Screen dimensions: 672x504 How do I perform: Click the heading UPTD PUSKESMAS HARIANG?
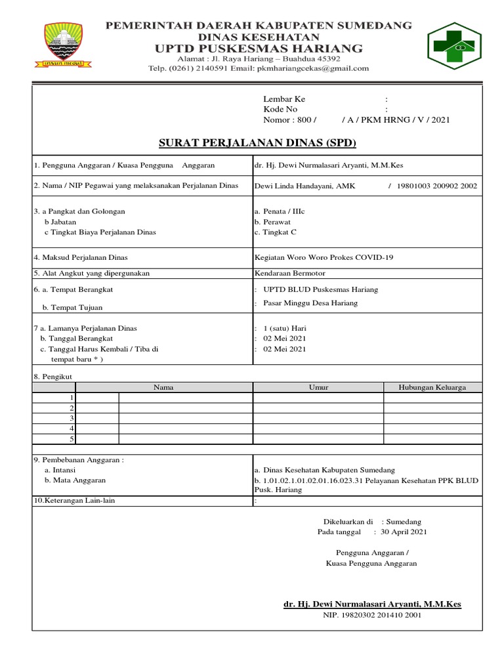click(x=259, y=48)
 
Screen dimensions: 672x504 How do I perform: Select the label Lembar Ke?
click(x=284, y=99)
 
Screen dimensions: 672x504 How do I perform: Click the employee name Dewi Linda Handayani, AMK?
click(x=304, y=186)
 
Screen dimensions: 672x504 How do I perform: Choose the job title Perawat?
click(x=276, y=222)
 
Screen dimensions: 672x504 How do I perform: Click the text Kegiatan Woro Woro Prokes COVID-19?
click(x=324, y=257)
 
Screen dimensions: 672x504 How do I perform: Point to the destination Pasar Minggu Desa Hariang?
click(x=310, y=303)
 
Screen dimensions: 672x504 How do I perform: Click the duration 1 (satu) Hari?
click(x=285, y=328)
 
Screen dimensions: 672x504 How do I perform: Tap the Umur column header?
click(x=318, y=388)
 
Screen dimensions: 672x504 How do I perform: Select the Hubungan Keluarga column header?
click(x=432, y=388)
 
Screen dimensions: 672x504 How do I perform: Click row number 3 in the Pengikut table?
click(x=71, y=418)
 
